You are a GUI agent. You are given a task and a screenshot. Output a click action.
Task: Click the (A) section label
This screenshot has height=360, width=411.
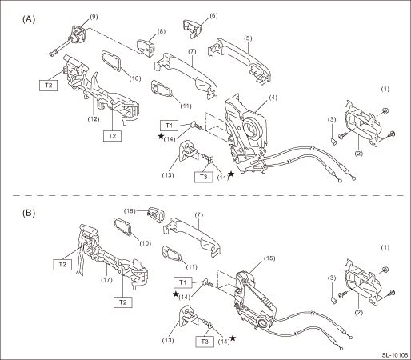click(x=29, y=19)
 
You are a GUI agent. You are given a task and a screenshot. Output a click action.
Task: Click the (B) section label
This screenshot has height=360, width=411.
click(x=29, y=213)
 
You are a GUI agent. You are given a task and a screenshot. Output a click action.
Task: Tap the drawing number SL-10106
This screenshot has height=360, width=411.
click(x=395, y=355)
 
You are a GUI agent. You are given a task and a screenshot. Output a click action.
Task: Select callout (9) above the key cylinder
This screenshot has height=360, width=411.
click(x=94, y=17)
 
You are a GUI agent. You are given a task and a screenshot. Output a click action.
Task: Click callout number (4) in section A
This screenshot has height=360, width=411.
click(x=273, y=98)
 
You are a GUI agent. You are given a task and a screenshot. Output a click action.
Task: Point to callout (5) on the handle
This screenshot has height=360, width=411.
click(x=248, y=38)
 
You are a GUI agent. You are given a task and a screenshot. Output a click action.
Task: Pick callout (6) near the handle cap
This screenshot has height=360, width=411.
click(x=213, y=16)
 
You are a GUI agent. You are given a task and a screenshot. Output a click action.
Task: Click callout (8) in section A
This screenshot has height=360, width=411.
click(x=161, y=31)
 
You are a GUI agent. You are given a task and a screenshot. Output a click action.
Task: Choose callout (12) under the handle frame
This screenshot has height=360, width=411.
click(x=94, y=119)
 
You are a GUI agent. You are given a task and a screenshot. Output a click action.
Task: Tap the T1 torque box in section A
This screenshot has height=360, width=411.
click(x=169, y=126)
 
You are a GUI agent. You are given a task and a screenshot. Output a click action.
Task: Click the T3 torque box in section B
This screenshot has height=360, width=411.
click(x=205, y=342)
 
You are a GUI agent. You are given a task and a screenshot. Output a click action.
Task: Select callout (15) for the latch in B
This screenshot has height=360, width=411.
click(x=269, y=258)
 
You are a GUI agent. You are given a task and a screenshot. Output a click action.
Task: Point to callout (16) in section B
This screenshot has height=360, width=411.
click(x=130, y=211)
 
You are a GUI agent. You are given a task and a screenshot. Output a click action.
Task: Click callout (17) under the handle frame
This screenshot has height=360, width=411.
click(x=106, y=280)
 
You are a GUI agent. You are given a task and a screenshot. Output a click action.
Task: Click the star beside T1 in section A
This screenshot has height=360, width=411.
click(x=161, y=136)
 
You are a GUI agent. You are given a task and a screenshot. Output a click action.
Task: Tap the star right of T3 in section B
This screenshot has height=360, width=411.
click(x=233, y=338)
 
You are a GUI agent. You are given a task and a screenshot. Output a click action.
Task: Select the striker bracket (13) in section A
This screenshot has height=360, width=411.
click(x=188, y=151)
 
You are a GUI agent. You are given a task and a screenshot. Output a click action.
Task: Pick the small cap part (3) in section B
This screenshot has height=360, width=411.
click(x=333, y=299)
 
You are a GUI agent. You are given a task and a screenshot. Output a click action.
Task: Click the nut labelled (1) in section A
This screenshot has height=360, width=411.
click(x=385, y=110)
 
